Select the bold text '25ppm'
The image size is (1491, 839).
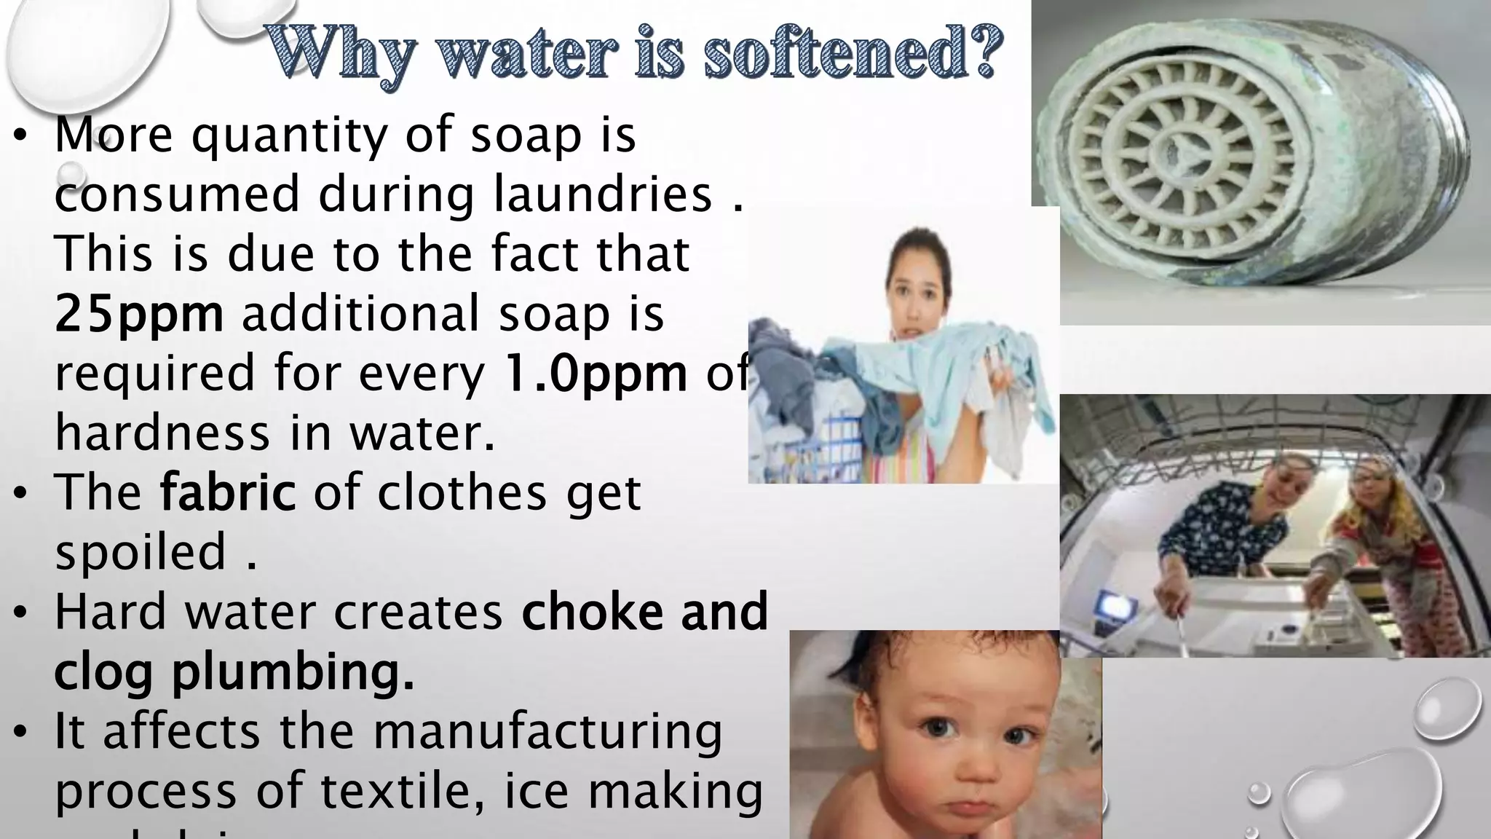pos(139,314)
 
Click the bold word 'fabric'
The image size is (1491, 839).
pos(228,492)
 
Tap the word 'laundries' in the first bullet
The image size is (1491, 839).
pos(603,194)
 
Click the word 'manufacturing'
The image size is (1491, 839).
pos(547,731)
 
